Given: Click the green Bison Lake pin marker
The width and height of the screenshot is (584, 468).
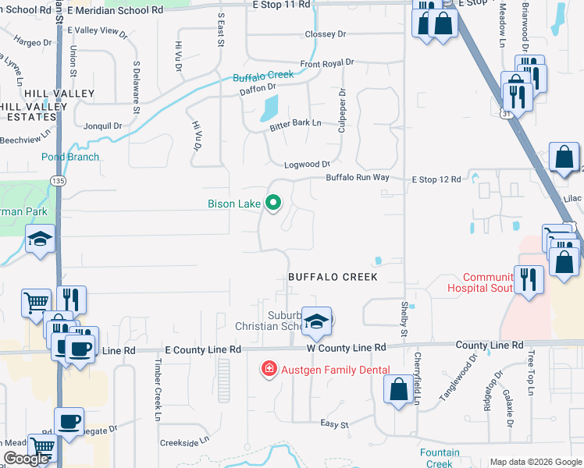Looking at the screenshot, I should click(x=273, y=204).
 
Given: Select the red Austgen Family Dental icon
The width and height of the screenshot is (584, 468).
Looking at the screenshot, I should click(x=268, y=369).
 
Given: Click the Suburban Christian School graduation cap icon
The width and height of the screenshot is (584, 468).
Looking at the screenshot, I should click(x=317, y=320).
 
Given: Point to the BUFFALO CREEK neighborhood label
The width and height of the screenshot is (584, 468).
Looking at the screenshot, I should click(x=333, y=277).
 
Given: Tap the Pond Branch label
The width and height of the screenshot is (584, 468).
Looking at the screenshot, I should click(x=70, y=157).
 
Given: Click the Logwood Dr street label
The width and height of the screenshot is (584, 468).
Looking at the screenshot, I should click(x=308, y=165).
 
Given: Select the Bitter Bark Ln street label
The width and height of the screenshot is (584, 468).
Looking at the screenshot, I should click(x=296, y=123).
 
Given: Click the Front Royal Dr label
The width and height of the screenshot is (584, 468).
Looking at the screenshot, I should click(x=327, y=63).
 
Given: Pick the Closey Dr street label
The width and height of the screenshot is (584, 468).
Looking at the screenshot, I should click(x=326, y=34).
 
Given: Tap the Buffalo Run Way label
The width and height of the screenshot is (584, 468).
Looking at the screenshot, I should click(x=358, y=178).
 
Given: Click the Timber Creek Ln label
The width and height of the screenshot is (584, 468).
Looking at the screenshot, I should click(x=157, y=381).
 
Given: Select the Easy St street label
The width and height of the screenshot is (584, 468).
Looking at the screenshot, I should click(x=334, y=424).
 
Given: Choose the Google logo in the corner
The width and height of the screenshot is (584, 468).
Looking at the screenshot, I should click(x=26, y=459).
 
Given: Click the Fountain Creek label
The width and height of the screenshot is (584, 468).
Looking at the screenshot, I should click(x=440, y=458).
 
